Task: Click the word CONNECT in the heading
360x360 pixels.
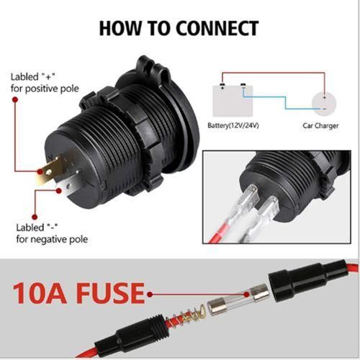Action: click(217, 29)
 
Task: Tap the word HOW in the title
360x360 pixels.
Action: click(120, 29)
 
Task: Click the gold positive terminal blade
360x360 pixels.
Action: click(50, 171)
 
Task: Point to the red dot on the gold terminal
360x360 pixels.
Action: click(40, 171)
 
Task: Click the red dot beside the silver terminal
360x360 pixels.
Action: click(59, 191)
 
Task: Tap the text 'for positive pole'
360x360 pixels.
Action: click(45, 89)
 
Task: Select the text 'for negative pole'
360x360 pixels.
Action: click(52, 239)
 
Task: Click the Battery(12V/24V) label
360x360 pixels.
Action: click(233, 125)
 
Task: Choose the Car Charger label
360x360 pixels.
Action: click(320, 125)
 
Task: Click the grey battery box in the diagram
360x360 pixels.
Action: click(233, 101)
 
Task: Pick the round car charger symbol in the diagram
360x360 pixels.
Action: click(324, 104)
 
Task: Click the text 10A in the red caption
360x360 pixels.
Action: click(40, 293)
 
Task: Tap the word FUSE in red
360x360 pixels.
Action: click(111, 293)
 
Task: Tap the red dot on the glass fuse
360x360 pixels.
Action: click(246, 294)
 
